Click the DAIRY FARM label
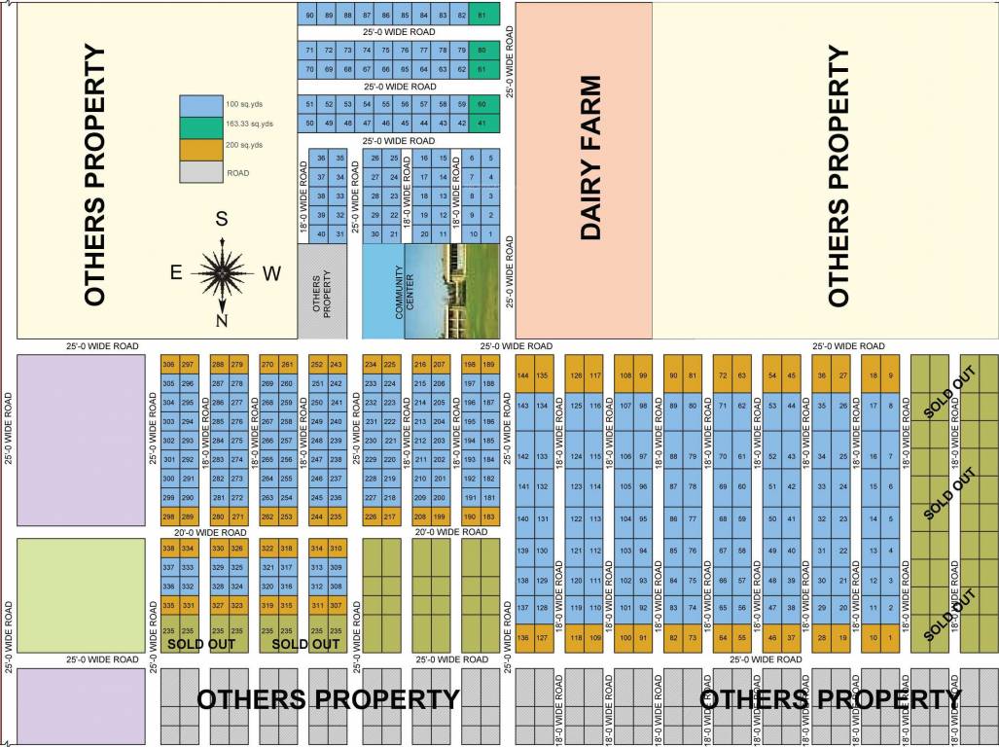point(591,158)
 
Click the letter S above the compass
point(222,219)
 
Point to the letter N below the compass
point(222,321)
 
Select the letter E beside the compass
point(176,273)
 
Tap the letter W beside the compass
point(271,273)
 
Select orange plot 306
point(169,364)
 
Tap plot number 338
point(169,550)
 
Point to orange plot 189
point(489,364)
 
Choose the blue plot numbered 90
point(309,17)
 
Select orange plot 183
point(489,516)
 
